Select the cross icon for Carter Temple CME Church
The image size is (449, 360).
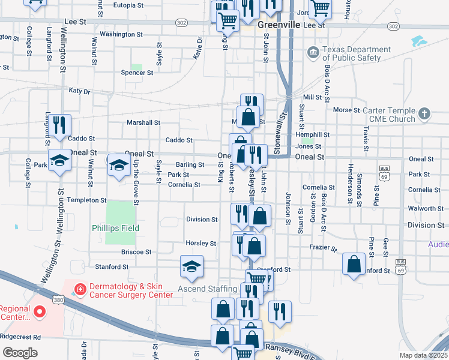point(424,113)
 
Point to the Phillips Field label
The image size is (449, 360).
point(115,228)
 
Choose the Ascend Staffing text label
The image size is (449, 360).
point(207,289)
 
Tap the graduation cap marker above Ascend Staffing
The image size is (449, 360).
point(191,267)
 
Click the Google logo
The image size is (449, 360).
point(19,353)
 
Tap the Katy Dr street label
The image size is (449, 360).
point(79,91)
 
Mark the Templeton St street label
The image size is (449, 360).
point(86,200)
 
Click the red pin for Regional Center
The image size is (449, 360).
point(40,311)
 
